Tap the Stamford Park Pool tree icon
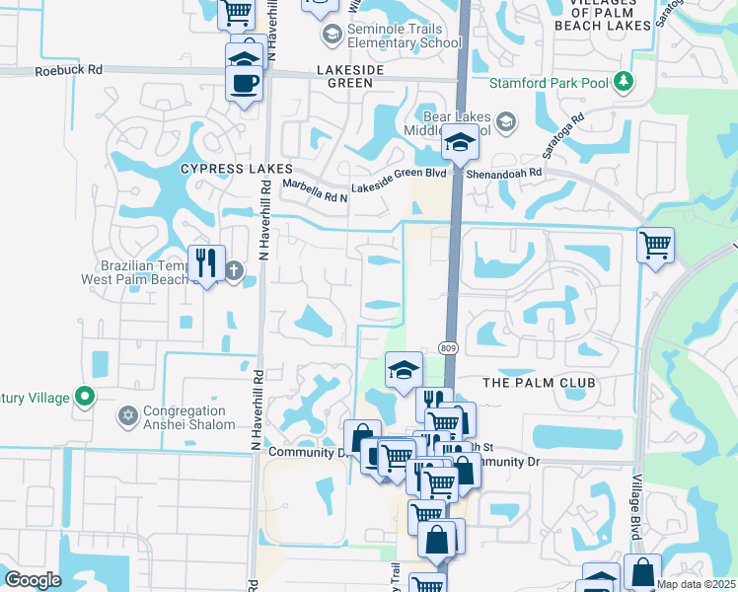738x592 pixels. pos(623,81)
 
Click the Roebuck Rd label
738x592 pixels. pos(68,71)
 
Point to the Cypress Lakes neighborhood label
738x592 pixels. pos(237,169)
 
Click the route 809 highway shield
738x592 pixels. pos(449,348)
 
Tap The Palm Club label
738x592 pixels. pos(539,382)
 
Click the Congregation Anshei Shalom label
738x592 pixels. pos(188,417)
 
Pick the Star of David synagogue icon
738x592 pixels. pos(126,417)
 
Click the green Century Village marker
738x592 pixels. pos(85,398)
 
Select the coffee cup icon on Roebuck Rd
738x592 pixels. pos(244,83)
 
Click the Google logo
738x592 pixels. pos(34,580)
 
